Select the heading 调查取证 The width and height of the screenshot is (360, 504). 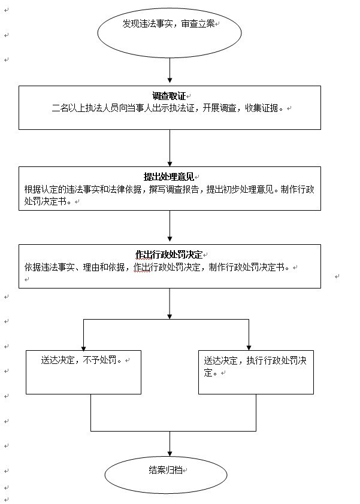[x=169, y=96]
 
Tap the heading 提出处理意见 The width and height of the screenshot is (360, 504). [x=170, y=177]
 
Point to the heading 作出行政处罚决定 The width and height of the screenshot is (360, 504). [x=170, y=254]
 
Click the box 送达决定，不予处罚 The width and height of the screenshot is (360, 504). [x=83, y=372]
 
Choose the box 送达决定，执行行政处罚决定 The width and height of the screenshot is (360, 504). [x=256, y=372]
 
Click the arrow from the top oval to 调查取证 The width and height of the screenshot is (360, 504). [x=170, y=69]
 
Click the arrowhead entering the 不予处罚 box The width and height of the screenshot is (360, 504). [x=84, y=347]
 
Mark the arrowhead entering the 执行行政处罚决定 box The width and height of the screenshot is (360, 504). [x=249, y=347]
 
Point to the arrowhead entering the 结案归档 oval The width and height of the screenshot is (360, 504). [x=170, y=456]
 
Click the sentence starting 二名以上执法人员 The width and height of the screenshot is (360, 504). [x=168, y=109]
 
